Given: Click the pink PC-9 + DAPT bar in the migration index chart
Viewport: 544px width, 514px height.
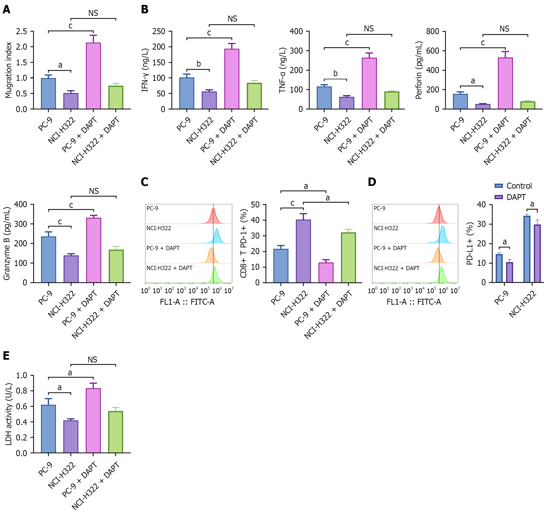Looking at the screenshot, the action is [93, 76].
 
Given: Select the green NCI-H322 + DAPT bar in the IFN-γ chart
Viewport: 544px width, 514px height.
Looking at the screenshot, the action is [254, 96].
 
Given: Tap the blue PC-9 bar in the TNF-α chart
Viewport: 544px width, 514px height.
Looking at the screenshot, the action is [324, 98].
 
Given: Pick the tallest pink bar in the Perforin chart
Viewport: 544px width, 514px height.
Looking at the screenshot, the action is [505, 83].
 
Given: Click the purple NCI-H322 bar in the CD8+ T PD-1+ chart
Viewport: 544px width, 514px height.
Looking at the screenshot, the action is [303, 251].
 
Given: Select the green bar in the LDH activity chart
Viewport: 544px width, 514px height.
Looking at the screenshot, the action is [116, 432].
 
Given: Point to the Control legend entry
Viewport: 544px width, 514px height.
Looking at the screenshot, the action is [513, 186].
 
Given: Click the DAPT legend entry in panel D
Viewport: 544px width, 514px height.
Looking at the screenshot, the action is [510, 197].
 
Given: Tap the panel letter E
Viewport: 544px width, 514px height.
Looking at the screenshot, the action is [6, 356].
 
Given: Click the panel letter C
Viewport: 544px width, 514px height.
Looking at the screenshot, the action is [144, 182].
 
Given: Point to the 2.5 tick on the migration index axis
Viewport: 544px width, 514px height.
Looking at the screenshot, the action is [21, 32].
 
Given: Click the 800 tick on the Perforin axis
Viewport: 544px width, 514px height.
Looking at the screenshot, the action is [433, 32].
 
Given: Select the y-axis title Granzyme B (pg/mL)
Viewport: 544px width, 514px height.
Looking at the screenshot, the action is [7, 243].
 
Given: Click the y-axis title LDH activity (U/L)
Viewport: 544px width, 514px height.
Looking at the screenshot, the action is [8, 414].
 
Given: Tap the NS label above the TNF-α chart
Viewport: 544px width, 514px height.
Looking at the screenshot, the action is [369, 29].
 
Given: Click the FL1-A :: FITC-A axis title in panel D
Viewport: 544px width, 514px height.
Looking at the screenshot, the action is [414, 302].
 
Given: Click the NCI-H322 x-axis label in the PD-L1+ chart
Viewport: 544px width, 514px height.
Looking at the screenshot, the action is [523, 304].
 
